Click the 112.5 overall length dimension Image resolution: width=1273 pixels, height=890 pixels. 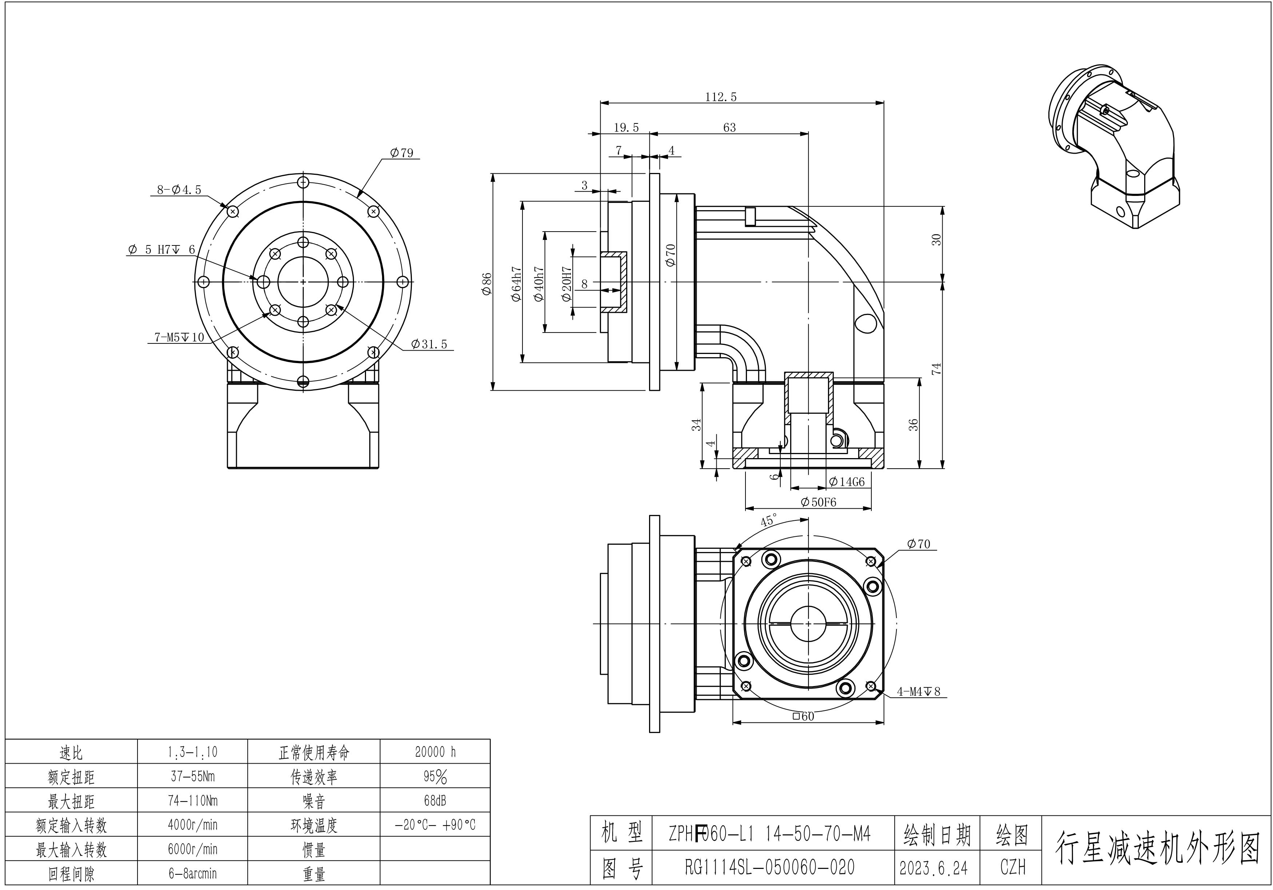721,97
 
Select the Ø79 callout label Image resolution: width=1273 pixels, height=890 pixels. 401,153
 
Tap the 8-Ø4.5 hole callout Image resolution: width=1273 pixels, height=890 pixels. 179,190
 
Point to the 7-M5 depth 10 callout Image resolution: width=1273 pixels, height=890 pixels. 179,337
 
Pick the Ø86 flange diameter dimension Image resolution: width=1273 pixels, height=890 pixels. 487,284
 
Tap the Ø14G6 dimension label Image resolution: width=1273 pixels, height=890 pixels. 846,482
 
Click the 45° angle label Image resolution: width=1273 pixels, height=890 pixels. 768,520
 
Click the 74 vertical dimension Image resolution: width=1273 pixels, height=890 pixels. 936,369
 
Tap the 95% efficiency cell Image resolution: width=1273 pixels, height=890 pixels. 435,777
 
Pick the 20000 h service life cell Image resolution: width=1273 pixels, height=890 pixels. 435,752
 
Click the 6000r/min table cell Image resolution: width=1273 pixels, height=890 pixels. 192,849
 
